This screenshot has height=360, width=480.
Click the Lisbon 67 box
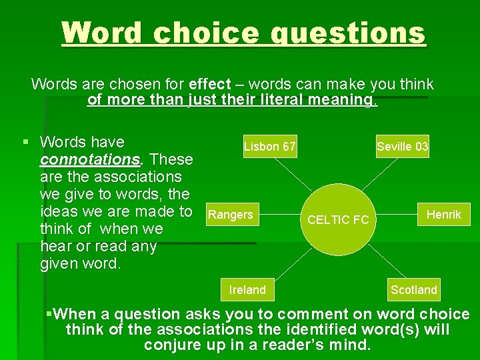pyautogui.click(x=269, y=146)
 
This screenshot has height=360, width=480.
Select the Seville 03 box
pyautogui.click(x=402, y=146)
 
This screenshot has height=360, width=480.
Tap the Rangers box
pyautogui.click(x=231, y=215)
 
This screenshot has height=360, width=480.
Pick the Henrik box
pyautogui.click(x=443, y=215)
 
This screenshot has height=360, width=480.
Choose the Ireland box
pyautogui.click(x=247, y=289)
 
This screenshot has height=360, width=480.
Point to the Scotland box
pyautogui.click(x=414, y=289)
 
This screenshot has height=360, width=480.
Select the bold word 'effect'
pyautogui.click(x=210, y=85)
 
